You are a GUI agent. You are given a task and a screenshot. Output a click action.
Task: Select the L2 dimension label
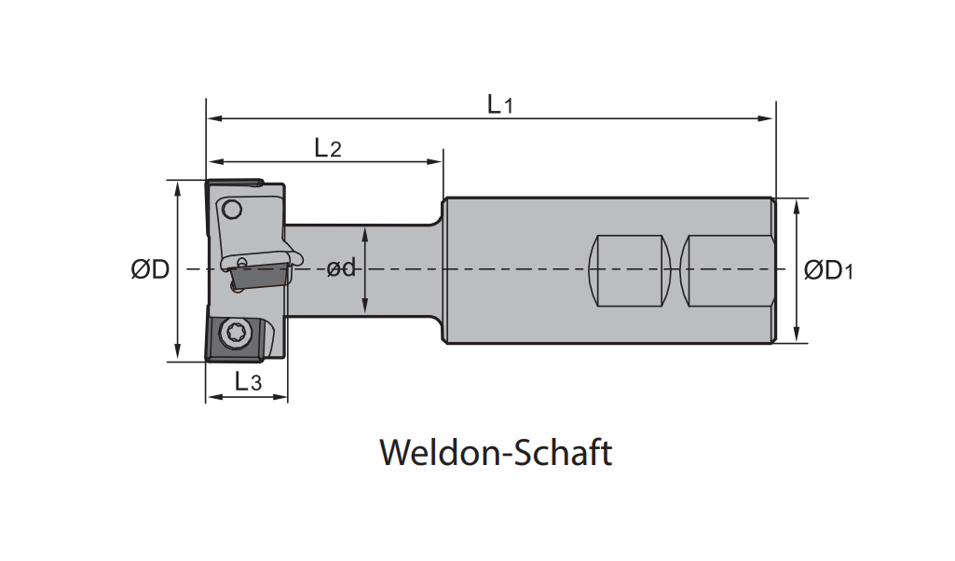(328, 147)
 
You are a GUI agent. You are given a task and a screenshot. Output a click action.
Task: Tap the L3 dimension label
(248, 380)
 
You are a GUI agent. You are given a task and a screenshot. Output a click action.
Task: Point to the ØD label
(150, 270)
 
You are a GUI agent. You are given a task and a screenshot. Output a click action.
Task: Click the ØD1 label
(828, 270)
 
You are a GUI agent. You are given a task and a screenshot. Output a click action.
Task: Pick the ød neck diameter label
(341, 269)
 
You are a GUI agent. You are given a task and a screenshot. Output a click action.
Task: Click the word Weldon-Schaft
(496, 453)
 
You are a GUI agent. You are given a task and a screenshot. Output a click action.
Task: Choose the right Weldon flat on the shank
(727, 270)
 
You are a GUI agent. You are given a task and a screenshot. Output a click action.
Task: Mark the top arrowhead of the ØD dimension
(176, 187)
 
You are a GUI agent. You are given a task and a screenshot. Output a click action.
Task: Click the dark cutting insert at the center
(257, 276)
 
